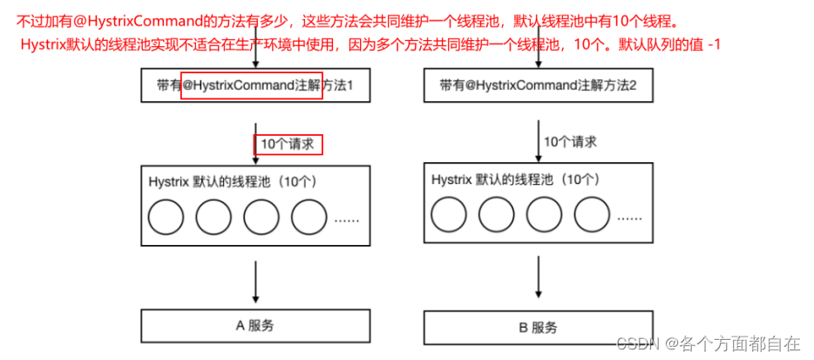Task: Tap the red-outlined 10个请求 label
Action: point(288,144)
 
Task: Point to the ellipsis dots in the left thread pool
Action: point(347,220)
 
